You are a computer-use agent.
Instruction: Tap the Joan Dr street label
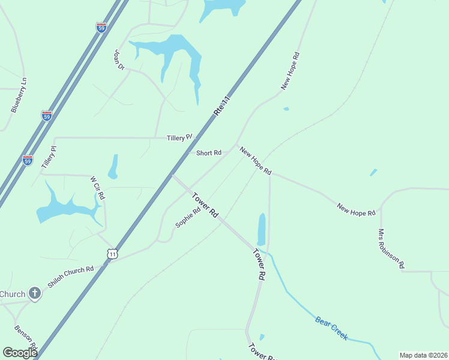point(118,61)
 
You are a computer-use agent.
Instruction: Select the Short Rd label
point(209,153)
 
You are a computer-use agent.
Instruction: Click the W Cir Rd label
point(97,188)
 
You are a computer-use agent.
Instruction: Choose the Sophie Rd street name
point(188,218)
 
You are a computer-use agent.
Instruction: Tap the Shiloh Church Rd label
point(71,277)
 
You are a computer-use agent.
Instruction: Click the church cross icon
point(35,293)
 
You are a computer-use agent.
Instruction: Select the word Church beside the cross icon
point(12,294)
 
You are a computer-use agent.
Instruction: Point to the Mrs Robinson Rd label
point(391,248)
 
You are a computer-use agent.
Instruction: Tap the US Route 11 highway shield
point(112,254)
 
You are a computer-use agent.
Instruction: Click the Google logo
point(20,353)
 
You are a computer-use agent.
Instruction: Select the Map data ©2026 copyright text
point(423,355)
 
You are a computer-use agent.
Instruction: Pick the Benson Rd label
point(26,339)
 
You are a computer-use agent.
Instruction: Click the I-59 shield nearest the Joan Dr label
point(101,28)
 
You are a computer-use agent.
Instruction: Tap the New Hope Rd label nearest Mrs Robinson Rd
point(356,209)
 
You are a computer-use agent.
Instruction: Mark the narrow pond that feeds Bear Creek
point(261,229)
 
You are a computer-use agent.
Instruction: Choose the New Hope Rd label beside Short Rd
point(256,161)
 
